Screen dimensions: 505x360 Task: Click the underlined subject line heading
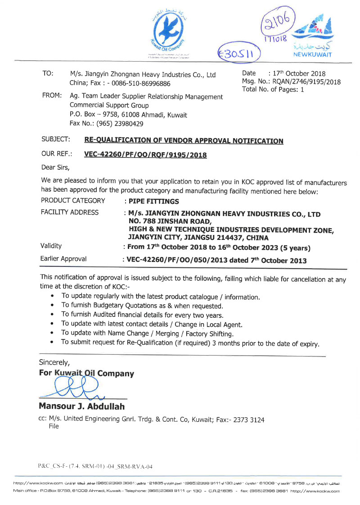(x=184, y=141)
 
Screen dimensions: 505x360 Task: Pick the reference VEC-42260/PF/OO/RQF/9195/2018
(x=145, y=155)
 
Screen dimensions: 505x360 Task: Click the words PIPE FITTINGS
(x=153, y=201)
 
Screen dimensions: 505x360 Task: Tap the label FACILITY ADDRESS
(x=69, y=212)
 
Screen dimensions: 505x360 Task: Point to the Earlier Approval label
(x=63, y=259)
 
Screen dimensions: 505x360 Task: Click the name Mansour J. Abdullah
(x=81, y=406)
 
